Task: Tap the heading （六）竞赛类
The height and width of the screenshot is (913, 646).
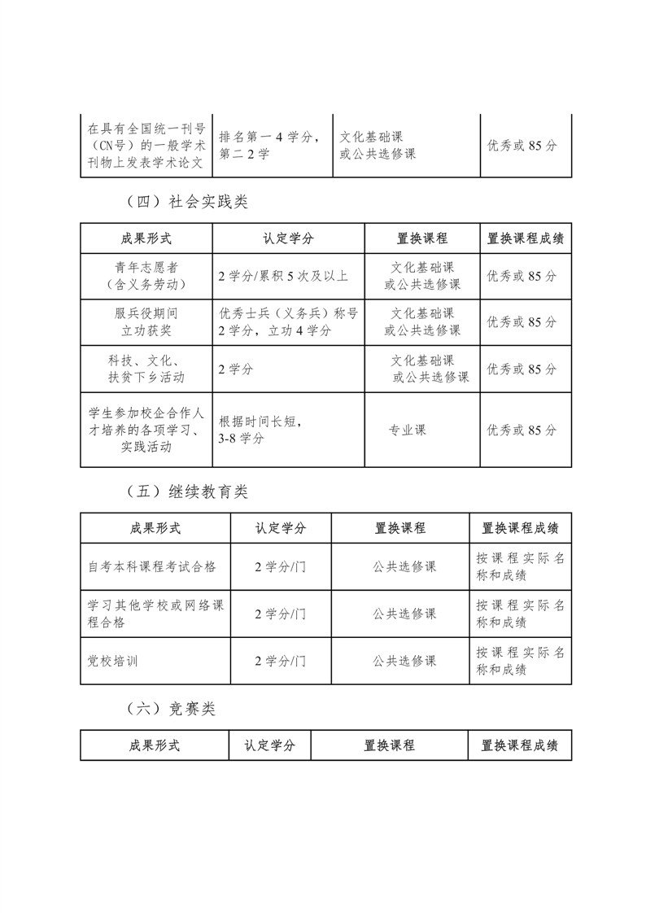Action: coord(172,709)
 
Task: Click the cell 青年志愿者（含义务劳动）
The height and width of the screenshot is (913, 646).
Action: coord(146,276)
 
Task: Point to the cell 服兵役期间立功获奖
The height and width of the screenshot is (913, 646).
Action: coord(146,322)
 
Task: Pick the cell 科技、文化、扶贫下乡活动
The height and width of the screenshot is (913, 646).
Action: coord(146,369)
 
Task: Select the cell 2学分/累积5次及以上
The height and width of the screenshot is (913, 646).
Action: coord(283,276)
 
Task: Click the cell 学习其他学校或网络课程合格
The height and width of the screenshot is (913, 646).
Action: coord(157,614)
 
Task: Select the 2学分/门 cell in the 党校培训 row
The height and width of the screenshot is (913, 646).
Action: coord(280,661)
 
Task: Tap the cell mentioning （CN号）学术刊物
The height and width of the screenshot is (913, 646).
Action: coord(146,146)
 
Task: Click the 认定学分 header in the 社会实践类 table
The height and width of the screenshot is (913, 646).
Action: coord(288,239)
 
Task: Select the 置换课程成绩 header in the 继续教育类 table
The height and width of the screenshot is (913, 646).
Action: coord(520,528)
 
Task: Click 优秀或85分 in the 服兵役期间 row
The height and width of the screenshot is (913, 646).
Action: coord(522,322)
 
